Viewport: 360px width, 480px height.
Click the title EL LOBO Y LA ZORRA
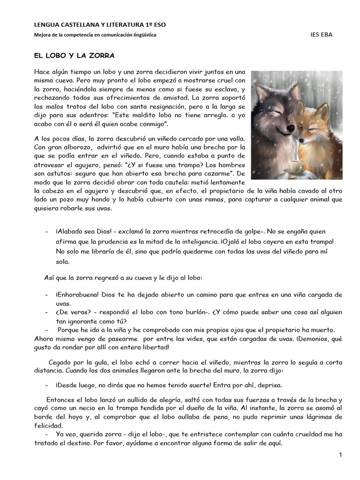[74, 55]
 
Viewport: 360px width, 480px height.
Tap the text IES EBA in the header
[322, 35]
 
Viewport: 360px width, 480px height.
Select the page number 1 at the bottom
[341, 455]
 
